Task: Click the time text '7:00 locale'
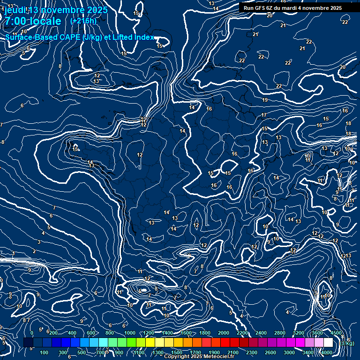[x=33, y=22]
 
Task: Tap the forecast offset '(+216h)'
[x=83, y=21]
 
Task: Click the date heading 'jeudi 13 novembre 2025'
[x=56, y=10]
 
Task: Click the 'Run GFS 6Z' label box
[x=292, y=7]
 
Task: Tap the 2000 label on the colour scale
[x=224, y=333]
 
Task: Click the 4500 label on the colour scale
[x=336, y=333]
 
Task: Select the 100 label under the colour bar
[x=45, y=352]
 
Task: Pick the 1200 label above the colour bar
[x=149, y=333]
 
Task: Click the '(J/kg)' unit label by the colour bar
[x=347, y=343]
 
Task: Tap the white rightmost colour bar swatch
[x=328, y=343]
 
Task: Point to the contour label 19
[x=265, y=100]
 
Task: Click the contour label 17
[x=264, y=115]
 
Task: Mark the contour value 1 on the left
[x=14, y=253]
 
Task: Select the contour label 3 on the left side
[x=39, y=242]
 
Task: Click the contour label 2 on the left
[x=34, y=251]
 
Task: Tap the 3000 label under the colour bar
[x=289, y=352]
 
